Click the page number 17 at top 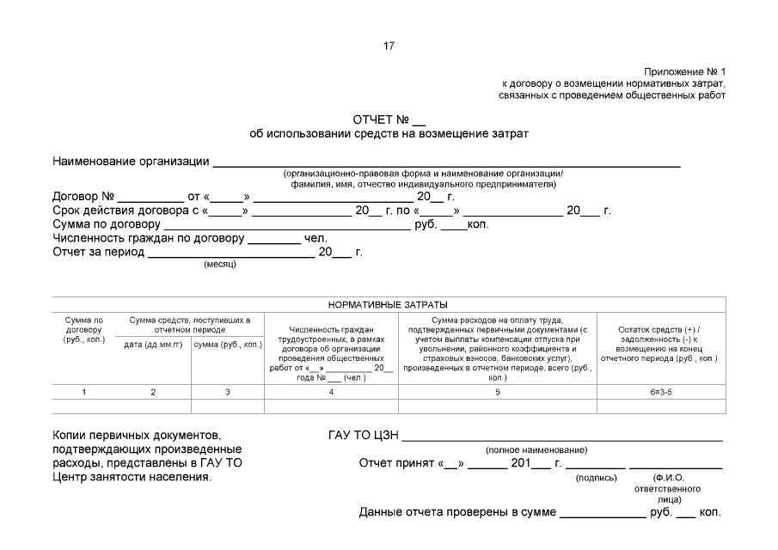389,46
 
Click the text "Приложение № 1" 685,71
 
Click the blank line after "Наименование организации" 446,162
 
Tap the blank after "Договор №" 150,197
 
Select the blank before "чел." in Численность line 274,238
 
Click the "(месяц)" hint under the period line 220,264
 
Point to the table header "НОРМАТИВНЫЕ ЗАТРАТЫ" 389,304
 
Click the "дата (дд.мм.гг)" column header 154,345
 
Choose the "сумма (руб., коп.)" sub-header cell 228,345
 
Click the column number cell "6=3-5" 659,392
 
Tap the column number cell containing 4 331,392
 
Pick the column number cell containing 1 84,392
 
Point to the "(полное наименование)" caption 536,449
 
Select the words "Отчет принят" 397,464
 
